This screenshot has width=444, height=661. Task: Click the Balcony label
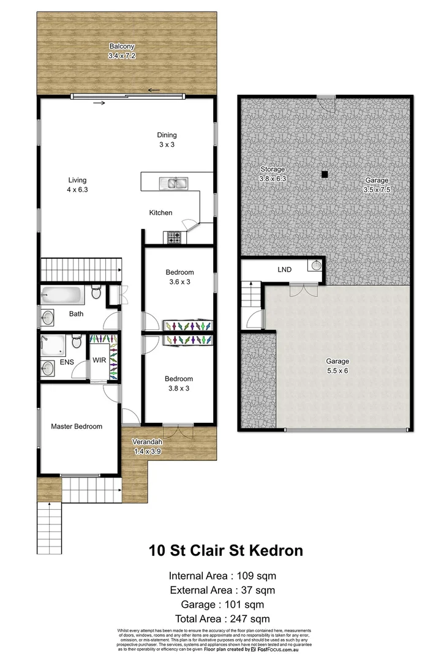121,47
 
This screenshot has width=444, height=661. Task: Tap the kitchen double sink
173,182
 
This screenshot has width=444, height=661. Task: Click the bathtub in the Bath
62,296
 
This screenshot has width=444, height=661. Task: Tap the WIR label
99,360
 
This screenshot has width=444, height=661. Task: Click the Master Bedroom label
77,427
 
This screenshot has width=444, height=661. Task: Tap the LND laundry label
284,269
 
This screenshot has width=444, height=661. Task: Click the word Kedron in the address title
274,550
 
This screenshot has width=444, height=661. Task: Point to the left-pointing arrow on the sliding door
154,91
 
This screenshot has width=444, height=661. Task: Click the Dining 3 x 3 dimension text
167,146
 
